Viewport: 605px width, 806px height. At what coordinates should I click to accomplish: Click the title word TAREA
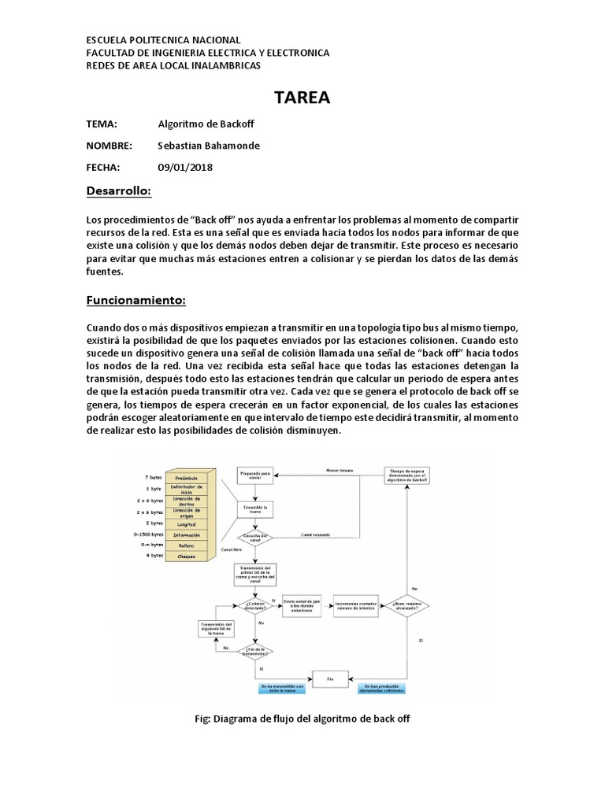point(302,98)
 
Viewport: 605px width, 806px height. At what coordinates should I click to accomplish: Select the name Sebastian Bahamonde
point(209,146)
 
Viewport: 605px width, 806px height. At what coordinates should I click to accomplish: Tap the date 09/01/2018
point(185,167)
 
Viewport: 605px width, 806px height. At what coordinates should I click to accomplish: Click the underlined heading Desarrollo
point(118,191)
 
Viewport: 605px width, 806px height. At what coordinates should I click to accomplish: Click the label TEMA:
point(102,124)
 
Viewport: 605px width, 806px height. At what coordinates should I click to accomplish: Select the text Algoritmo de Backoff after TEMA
point(206,124)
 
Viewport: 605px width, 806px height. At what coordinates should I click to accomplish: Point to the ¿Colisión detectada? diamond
point(254,604)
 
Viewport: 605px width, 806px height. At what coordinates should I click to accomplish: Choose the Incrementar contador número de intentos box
point(357,604)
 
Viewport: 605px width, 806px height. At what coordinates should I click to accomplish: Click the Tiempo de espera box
point(406,475)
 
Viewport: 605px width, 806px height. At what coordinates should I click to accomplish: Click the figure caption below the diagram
point(302,719)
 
